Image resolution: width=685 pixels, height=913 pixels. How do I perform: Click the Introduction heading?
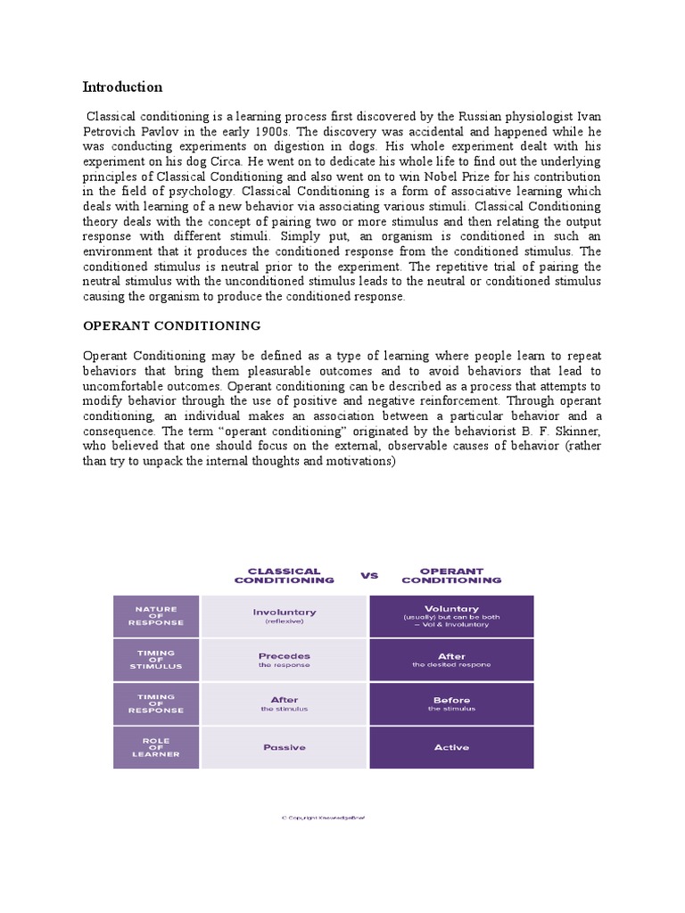tap(122, 86)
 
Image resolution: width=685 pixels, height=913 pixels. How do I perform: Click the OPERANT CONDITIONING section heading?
tap(171, 326)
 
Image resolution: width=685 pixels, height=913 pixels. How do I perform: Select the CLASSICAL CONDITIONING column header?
tap(284, 575)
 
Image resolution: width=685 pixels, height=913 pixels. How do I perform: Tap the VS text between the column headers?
tap(369, 575)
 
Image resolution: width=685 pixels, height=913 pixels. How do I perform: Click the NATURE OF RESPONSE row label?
tap(156, 616)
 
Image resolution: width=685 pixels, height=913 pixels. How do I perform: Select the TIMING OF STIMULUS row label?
tap(156, 660)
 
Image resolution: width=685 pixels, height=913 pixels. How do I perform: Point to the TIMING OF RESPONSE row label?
tap(156, 703)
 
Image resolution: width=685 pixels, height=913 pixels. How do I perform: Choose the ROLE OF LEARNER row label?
tap(156, 747)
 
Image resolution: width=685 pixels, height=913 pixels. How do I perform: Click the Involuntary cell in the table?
tap(284, 616)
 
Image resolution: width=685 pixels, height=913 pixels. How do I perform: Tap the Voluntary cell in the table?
tap(451, 614)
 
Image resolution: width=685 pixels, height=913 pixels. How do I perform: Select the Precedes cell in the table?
tap(284, 660)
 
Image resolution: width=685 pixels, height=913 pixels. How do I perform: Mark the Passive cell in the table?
tap(284, 747)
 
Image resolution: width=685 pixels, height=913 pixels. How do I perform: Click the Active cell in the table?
tap(451, 747)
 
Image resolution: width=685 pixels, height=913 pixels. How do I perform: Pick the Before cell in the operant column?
tap(451, 703)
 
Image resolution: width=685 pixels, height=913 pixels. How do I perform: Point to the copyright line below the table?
tap(323, 816)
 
